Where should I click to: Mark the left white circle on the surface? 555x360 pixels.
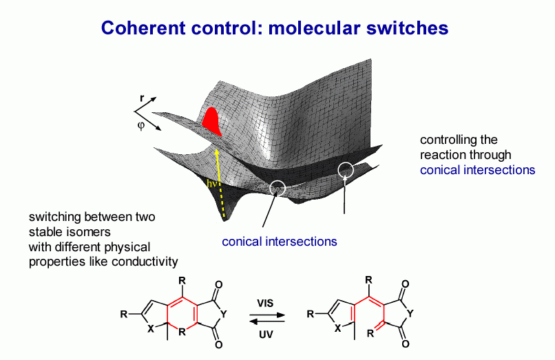click(277, 187)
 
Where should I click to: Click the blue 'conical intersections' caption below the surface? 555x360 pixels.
click(279, 242)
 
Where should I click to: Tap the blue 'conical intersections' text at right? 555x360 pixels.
click(477, 170)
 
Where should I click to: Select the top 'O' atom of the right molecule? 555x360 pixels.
click(404, 284)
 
